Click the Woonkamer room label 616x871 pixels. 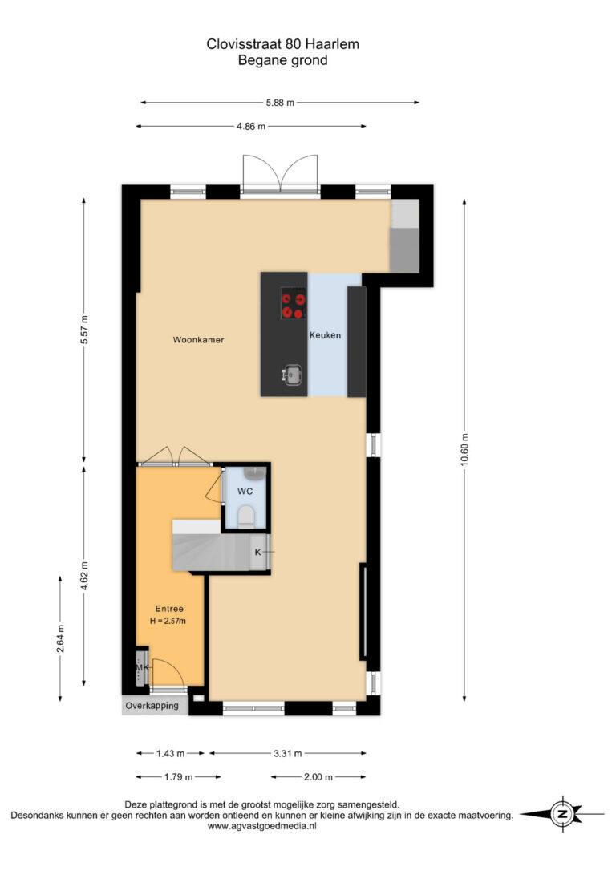point(198,340)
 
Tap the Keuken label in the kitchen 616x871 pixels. point(325,335)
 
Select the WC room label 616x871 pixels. point(245,491)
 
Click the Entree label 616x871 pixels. point(169,609)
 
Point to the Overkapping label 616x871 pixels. point(152,706)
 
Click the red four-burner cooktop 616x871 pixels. point(294,303)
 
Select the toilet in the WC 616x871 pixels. point(245,517)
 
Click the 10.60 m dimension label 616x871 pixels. point(464,450)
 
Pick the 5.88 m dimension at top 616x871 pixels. point(280,102)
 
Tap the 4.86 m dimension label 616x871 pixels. point(251,126)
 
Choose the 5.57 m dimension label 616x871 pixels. point(84,330)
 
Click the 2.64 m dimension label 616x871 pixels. point(60,638)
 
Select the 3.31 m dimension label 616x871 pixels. point(288,754)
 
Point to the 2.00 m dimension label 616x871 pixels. point(318,777)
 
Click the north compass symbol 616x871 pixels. point(562,814)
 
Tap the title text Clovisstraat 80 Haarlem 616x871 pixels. point(282,44)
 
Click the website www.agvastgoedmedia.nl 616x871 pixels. point(262,827)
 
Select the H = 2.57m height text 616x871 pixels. point(168,621)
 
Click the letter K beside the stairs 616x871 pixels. point(257,552)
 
